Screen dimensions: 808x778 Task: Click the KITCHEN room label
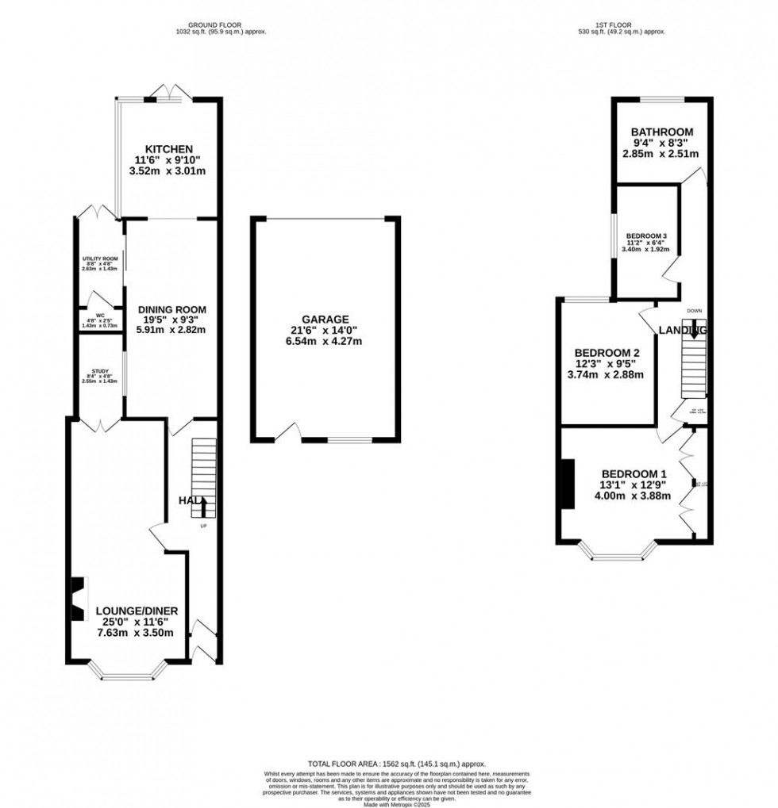168,149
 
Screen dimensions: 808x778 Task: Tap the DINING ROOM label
172,310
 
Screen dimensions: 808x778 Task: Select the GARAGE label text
324,319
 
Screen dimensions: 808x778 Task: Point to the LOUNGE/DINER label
137,611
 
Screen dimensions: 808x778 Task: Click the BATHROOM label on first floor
662,132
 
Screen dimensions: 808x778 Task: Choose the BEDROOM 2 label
608,353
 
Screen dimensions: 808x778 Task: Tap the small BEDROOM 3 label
647,236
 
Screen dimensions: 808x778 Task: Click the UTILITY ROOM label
99,259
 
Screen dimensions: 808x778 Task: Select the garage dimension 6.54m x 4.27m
324,341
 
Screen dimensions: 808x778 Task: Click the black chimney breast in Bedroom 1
568,483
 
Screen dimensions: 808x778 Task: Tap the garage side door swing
288,433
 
